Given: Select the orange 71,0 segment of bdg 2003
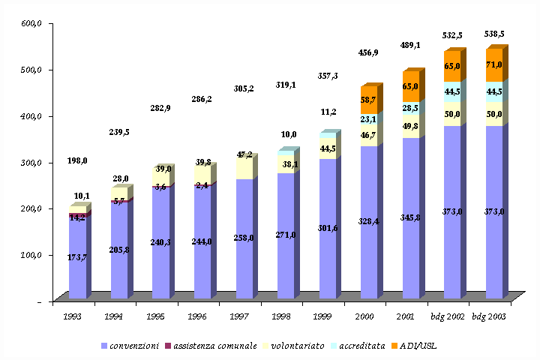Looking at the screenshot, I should pos(493,67).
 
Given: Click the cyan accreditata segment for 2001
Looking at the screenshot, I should pos(410,108).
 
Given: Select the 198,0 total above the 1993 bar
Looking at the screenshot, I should pos(77,160).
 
